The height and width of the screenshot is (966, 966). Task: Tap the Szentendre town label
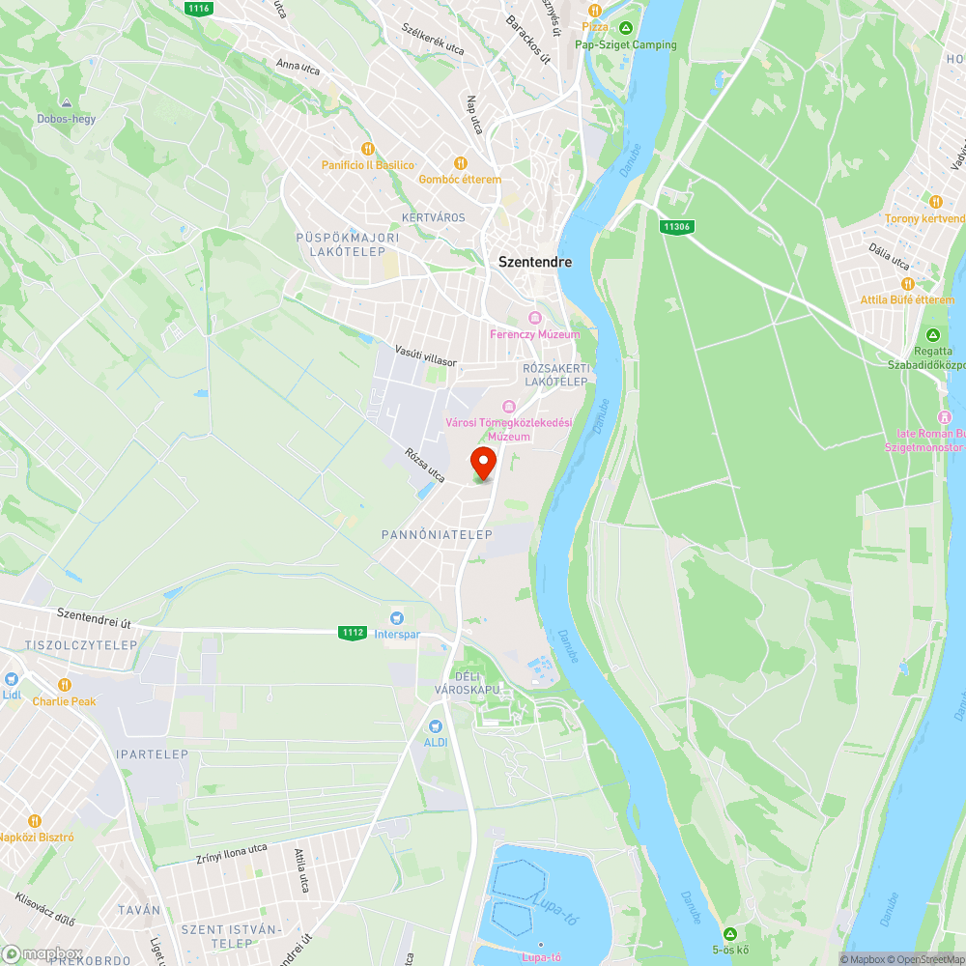tap(534, 262)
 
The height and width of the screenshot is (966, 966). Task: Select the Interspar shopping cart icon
tap(395, 618)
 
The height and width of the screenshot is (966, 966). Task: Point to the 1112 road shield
tap(353, 633)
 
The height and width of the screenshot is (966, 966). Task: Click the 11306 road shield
tap(676, 226)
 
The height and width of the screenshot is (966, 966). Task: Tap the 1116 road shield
tap(198, 7)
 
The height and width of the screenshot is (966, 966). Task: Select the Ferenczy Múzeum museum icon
tap(534, 318)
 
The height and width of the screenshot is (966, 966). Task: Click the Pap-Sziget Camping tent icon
tap(626, 28)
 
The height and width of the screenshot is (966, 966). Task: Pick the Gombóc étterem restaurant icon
tap(460, 162)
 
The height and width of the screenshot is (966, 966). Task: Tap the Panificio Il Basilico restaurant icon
tap(367, 149)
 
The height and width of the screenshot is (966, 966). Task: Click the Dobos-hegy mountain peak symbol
tap(67, 103)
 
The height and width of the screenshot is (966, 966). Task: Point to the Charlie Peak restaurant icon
tap(65, 684)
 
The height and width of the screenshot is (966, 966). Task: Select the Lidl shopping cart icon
tap(12, 679)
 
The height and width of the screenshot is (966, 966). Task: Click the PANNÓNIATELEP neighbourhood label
tap(438, 534)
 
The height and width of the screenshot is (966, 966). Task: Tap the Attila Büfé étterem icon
tap(907, 283)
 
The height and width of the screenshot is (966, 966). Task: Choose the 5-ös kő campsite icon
tap(730, 933)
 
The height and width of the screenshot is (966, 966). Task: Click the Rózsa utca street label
tap(425, 465)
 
